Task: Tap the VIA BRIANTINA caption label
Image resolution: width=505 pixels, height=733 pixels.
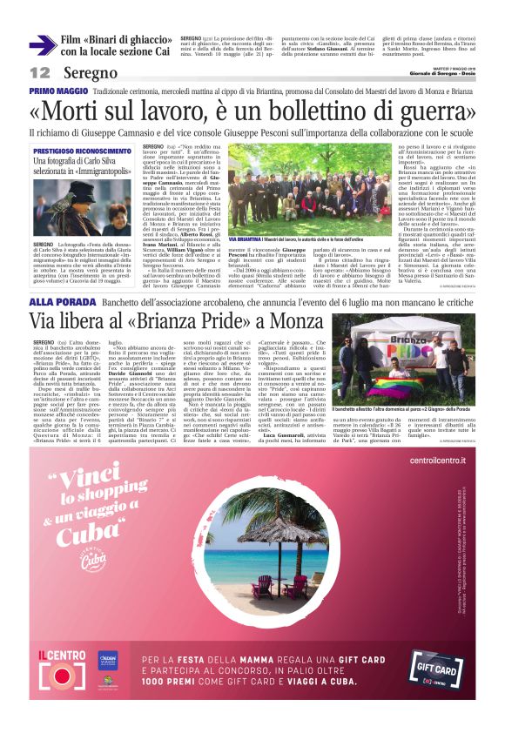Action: click(x=243, y=238)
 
